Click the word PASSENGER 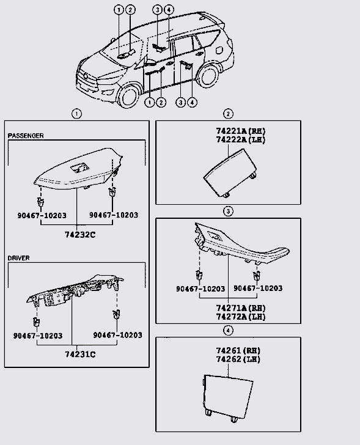pyautogui.click(x=26, y=136)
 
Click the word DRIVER pyautogui.click(x=18, y=258)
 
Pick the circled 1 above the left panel pyautogui.click(x=76, y=114)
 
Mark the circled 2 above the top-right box pyautogui.click(x=228, y=114)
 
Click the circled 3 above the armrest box pyautogui.click(x=228, y=211)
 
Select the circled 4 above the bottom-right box pyautogui.click(x=228, y=330)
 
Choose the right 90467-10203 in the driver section pyautogui.click(x=117, y=335)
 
